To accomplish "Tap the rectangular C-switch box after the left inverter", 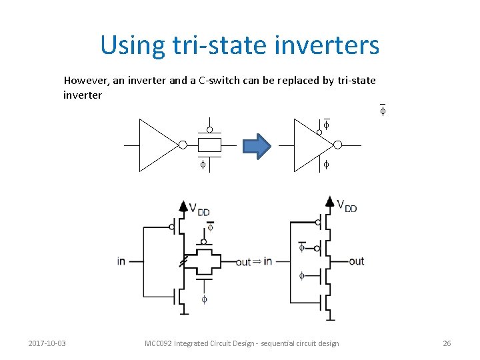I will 209,145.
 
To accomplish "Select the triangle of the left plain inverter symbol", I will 156,145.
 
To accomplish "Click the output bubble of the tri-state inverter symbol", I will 337,145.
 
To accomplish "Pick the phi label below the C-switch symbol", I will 203,164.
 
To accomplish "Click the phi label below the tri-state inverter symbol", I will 326,164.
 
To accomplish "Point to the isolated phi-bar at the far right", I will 383,111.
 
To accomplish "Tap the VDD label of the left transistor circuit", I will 199,210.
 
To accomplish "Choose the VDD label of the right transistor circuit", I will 347,206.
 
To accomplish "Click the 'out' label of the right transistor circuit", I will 356,261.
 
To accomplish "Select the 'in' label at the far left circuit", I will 121,261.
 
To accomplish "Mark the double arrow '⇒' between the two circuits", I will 257,261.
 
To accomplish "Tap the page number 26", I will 447,343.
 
